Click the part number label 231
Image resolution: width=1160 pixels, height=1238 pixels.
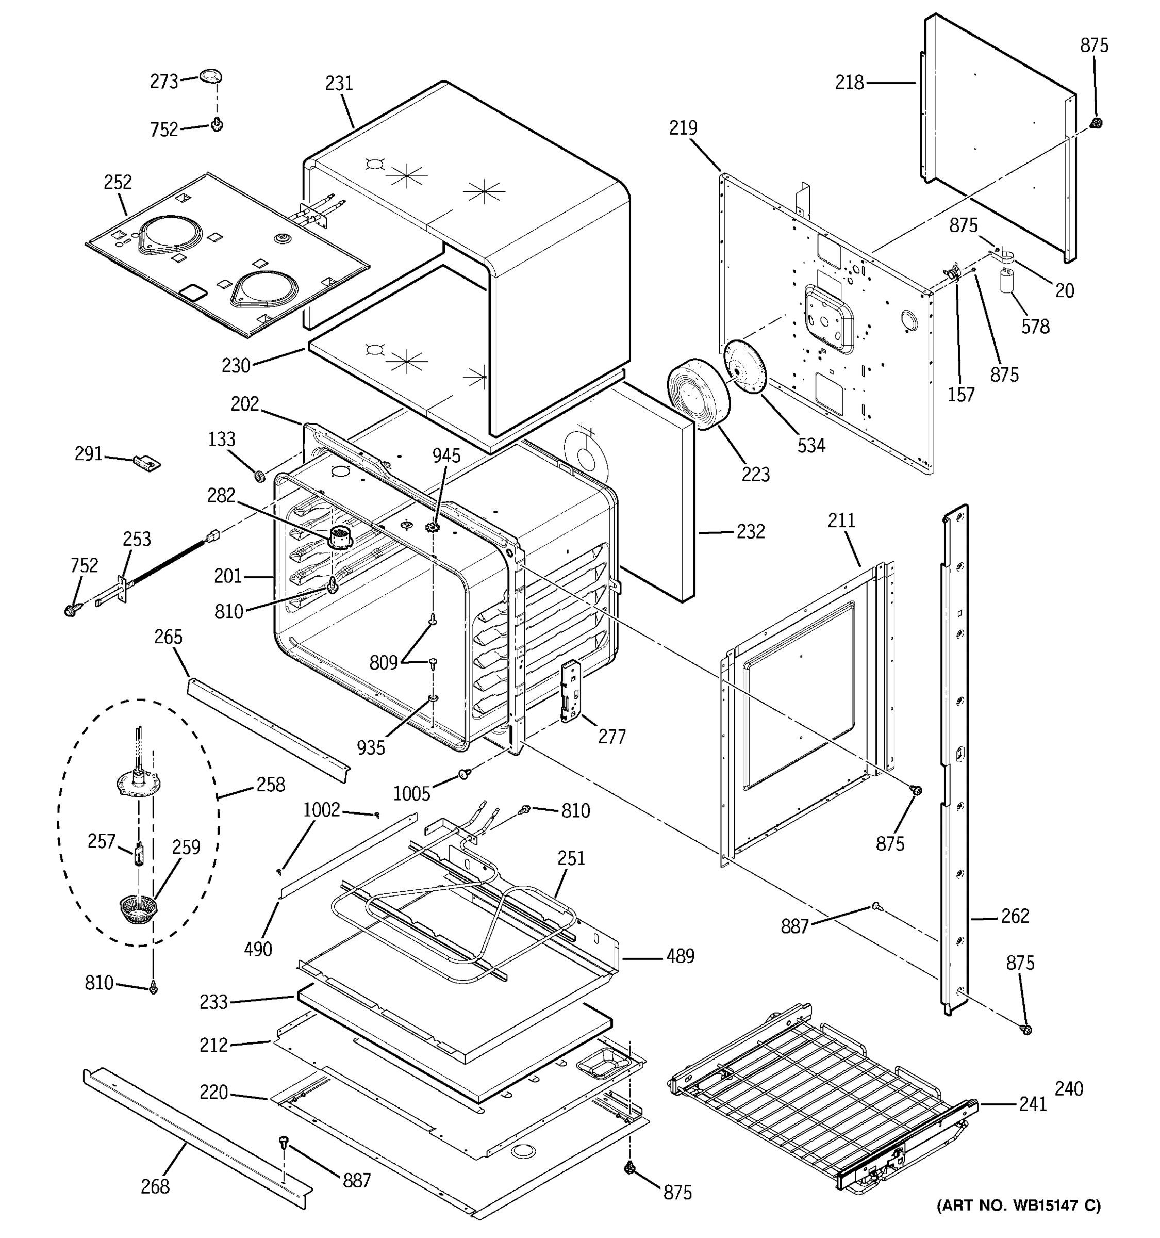[339, 84]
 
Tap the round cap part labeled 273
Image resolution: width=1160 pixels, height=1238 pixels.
[211, 76]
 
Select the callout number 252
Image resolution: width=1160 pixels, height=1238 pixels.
[118, 182]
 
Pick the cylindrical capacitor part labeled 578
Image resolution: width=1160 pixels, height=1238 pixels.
[1007, 280]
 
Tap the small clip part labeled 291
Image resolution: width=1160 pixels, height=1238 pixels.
[147, 463]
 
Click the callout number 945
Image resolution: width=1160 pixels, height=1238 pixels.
[446, 456]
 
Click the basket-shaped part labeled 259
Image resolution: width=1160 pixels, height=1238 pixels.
[138, 910]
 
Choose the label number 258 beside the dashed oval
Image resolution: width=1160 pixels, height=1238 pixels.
[271, 785]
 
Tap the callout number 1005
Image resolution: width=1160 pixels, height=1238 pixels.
[411, 793]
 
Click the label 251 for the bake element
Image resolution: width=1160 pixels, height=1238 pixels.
[571, 858]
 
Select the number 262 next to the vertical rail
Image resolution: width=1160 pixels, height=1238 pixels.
[1015, 916]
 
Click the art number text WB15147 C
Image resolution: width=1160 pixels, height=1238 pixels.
[1019, 1223]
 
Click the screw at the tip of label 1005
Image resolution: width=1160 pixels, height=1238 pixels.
[463, 773]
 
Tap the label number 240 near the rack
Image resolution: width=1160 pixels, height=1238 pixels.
[1069, 1088]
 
